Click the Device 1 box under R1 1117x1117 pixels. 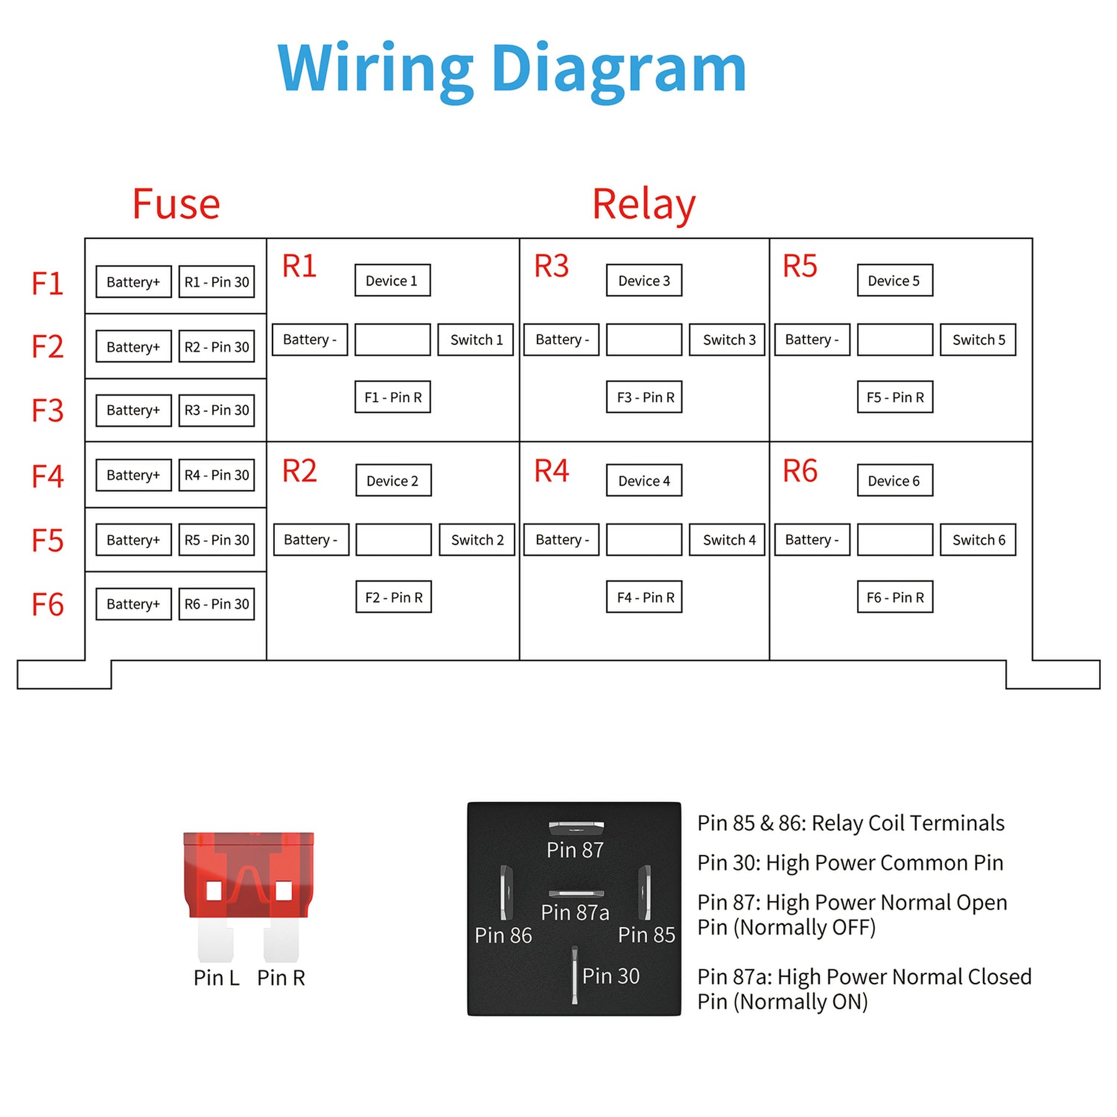[392, 280]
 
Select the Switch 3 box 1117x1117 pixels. [729, 339]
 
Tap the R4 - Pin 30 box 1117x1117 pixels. [217, 475]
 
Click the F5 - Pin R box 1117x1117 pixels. [895, 397]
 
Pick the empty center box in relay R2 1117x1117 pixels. [393, 540]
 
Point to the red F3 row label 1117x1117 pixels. [47, 411]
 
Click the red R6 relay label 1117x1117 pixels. [799, 471]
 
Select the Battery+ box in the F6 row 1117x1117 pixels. [133, 604]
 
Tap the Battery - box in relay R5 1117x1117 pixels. [812, 339]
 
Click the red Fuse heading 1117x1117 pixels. [176, 204]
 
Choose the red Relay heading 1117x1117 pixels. [644, 204]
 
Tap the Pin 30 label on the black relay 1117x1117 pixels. [611, 976]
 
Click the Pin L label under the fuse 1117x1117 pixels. [216, 978]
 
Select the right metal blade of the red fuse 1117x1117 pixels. [281, 940]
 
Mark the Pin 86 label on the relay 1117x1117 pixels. [503, 935]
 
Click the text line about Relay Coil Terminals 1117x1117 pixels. [850, 823]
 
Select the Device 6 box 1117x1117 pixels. [894, 481]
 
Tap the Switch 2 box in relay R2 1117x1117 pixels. [477, 540]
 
